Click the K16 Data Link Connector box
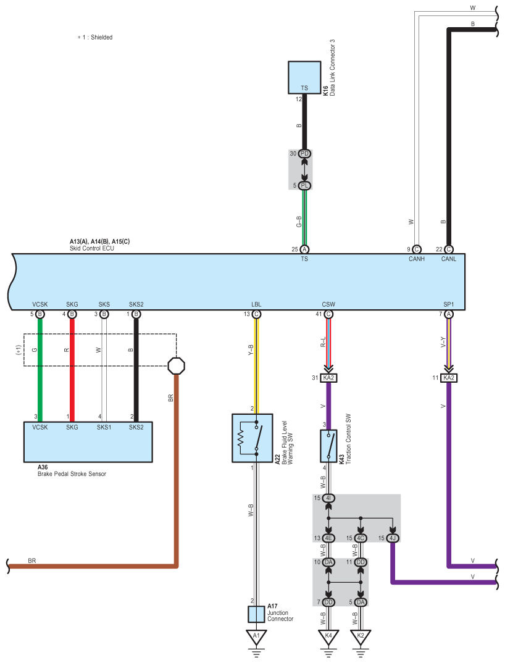pos(304,77)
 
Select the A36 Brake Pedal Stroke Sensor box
pos(88,441)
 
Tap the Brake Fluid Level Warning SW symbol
pos(252,438)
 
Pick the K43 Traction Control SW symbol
pos(328,446)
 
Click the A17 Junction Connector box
pos(256,614)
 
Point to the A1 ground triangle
pos(256,637)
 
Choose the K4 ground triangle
pos(328,637)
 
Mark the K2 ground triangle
pos(361,637)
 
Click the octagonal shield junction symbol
pos(177,365)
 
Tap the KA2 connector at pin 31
pos(328,378)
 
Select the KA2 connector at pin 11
pos(449,378)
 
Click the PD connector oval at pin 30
pos(304,154)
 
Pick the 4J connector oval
pos(393,538)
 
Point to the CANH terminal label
pos(417,259)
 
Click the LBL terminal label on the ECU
pos(256,304)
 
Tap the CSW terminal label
pos(328,304)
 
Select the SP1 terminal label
pos(449,304)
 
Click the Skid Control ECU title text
pos(92,248)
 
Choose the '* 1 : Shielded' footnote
pos(95,37)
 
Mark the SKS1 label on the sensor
pos(104,427)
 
